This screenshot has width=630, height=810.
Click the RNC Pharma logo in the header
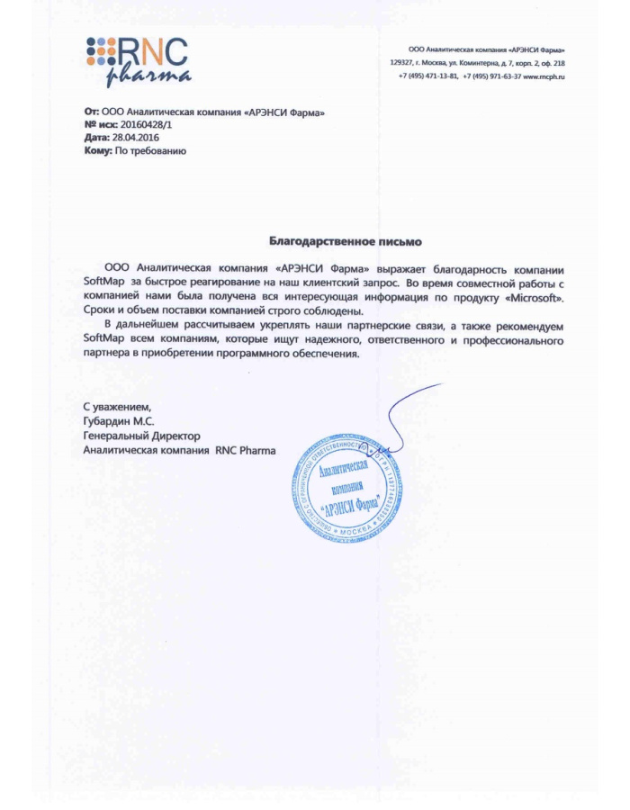pos(138,59)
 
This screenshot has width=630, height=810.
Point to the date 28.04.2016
pos(136,138)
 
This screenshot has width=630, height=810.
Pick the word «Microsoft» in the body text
pos(540,296)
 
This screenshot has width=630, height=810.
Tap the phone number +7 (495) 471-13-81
pos(427,76)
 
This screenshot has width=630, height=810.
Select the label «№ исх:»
pos(100,125)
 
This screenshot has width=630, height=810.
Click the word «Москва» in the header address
pos(435,63)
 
